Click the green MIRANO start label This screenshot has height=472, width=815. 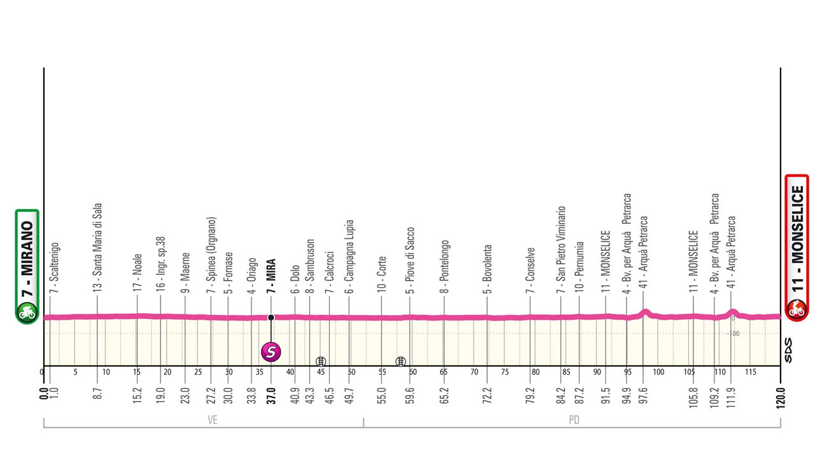(x=27, y=266)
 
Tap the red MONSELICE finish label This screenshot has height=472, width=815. (x=797, y=248)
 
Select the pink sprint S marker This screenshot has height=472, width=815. (x=271, y=352)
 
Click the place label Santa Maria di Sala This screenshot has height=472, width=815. (x=97, y=247)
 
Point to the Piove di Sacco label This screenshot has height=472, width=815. (x=409, y=260)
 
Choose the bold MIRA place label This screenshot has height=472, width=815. (x=271, y=275)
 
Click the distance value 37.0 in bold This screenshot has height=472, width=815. (x=271, y=396)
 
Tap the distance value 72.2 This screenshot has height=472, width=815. (x=487, y=396)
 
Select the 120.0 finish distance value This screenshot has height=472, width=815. (x=780, y=398)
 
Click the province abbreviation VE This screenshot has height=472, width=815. (x=213, y=420)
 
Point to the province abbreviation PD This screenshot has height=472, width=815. (x=574, y=420)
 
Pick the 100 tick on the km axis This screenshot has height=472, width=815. (x=658, y=372)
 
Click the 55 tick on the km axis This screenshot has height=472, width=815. (x=382, y=372)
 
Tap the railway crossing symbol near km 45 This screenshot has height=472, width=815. (x=320, y=361)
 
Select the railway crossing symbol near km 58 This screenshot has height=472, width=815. (x=400, y=361)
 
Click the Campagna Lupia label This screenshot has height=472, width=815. (x=349, y=256)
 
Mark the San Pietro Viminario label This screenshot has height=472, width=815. (x=561, y=250)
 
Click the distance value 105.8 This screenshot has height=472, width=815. (x=693, y=397)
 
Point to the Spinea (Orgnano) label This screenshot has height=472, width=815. (x=211, y=255)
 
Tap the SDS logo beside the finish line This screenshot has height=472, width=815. (x=788, y=350)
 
